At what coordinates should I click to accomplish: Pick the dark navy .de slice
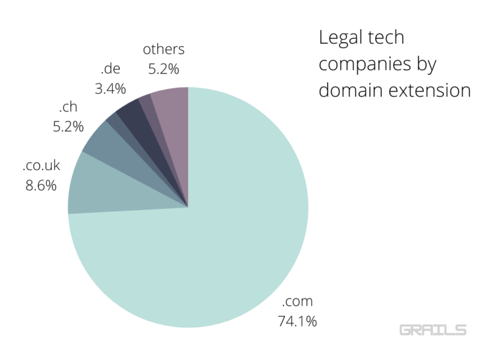pyautogui.click(x=130, y=114)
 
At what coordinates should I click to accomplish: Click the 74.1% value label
pyautogui.click(x=297, y=321)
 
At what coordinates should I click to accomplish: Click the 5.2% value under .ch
pyautogui.click(x=68, y=127)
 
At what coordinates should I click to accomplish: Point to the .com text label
pyautogui.click(x=297, y=301)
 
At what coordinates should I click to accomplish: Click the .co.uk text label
pyautogui.click(x=41, y=166)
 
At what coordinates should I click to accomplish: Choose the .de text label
pyautogui.click(x=110, y=68)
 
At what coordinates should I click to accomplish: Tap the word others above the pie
pyautogui.click(x=164, y=49)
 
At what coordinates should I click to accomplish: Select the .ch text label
pyautogui.click(x=67, y=107)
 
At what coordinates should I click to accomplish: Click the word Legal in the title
pyautogui.click(x=339, y=39)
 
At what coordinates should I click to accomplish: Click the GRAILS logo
pyautogui.click(x=433, y=330)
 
